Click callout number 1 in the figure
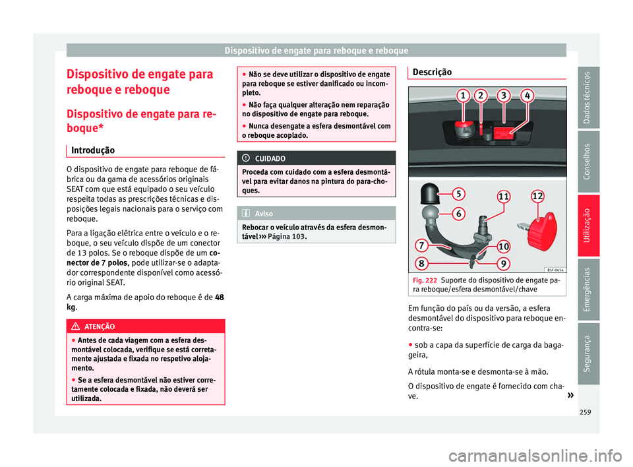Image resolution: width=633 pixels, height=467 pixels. [464, 96]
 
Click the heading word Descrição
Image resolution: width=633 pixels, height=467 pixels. [433, 72]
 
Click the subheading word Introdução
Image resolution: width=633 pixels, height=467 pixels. [94, 150]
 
